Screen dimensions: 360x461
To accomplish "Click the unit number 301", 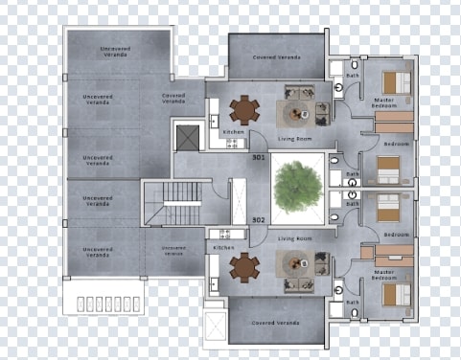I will point(258,157).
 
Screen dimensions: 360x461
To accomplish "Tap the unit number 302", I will point(258,219).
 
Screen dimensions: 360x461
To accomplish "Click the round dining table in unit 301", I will point(245,110).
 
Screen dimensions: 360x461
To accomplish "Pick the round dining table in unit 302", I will point(245,266).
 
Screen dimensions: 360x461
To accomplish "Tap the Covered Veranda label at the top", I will point(276,57).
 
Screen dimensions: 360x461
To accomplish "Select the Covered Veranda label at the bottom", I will point(276,323).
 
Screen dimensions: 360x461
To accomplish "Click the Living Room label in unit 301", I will point(294,138).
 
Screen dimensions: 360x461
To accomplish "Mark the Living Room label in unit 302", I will point(294,237).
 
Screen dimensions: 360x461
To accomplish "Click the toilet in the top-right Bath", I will point(341,85).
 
